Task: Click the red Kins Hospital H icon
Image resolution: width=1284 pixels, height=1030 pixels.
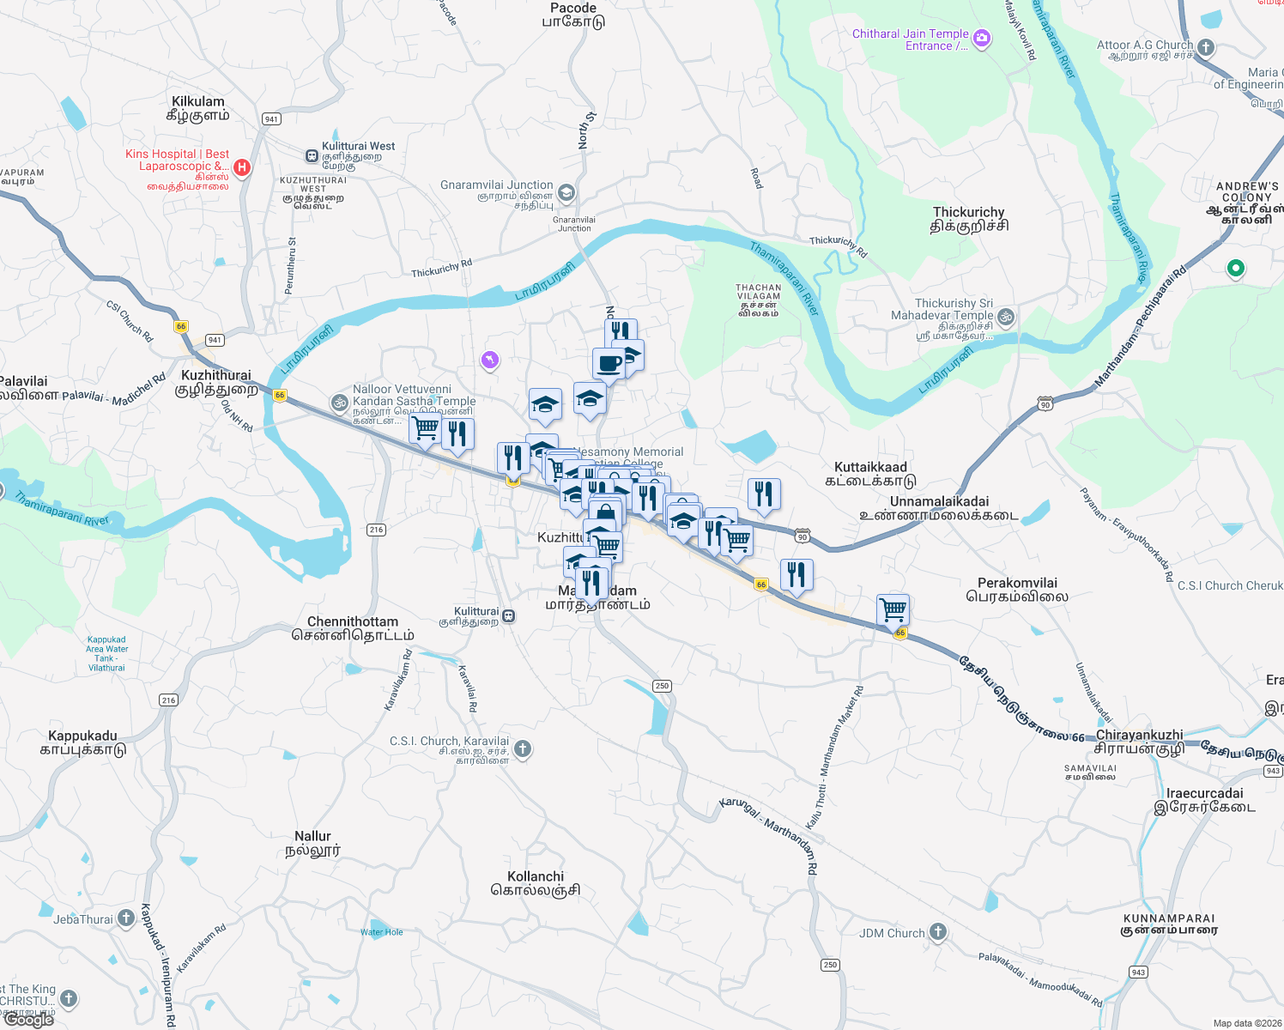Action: [242, 167]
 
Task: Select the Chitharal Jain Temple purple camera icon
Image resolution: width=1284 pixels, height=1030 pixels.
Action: [982, 39]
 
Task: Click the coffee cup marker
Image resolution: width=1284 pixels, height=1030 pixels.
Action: [609, 363]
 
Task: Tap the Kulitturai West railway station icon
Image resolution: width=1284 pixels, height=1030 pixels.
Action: [312, 155]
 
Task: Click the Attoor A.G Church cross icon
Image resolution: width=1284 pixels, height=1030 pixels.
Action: [1206, 48]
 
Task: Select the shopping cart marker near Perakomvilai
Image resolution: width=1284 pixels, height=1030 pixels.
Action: [893, 610]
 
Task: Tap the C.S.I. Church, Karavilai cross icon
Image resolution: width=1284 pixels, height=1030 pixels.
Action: [523, 749]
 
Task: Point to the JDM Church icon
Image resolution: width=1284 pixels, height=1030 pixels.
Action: [938, 932]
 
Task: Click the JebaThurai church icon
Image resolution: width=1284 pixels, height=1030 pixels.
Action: [126, 918]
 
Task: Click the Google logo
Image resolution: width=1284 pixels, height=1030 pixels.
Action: [29, 1020]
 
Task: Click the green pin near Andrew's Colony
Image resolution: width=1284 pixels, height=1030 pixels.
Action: [1235, 269]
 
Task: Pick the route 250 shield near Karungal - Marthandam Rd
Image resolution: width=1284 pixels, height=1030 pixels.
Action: [829, 965]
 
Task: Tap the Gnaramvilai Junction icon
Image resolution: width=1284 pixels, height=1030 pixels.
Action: [566, 192]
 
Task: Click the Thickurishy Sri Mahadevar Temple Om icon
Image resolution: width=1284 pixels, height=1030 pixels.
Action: [1006, 317]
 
